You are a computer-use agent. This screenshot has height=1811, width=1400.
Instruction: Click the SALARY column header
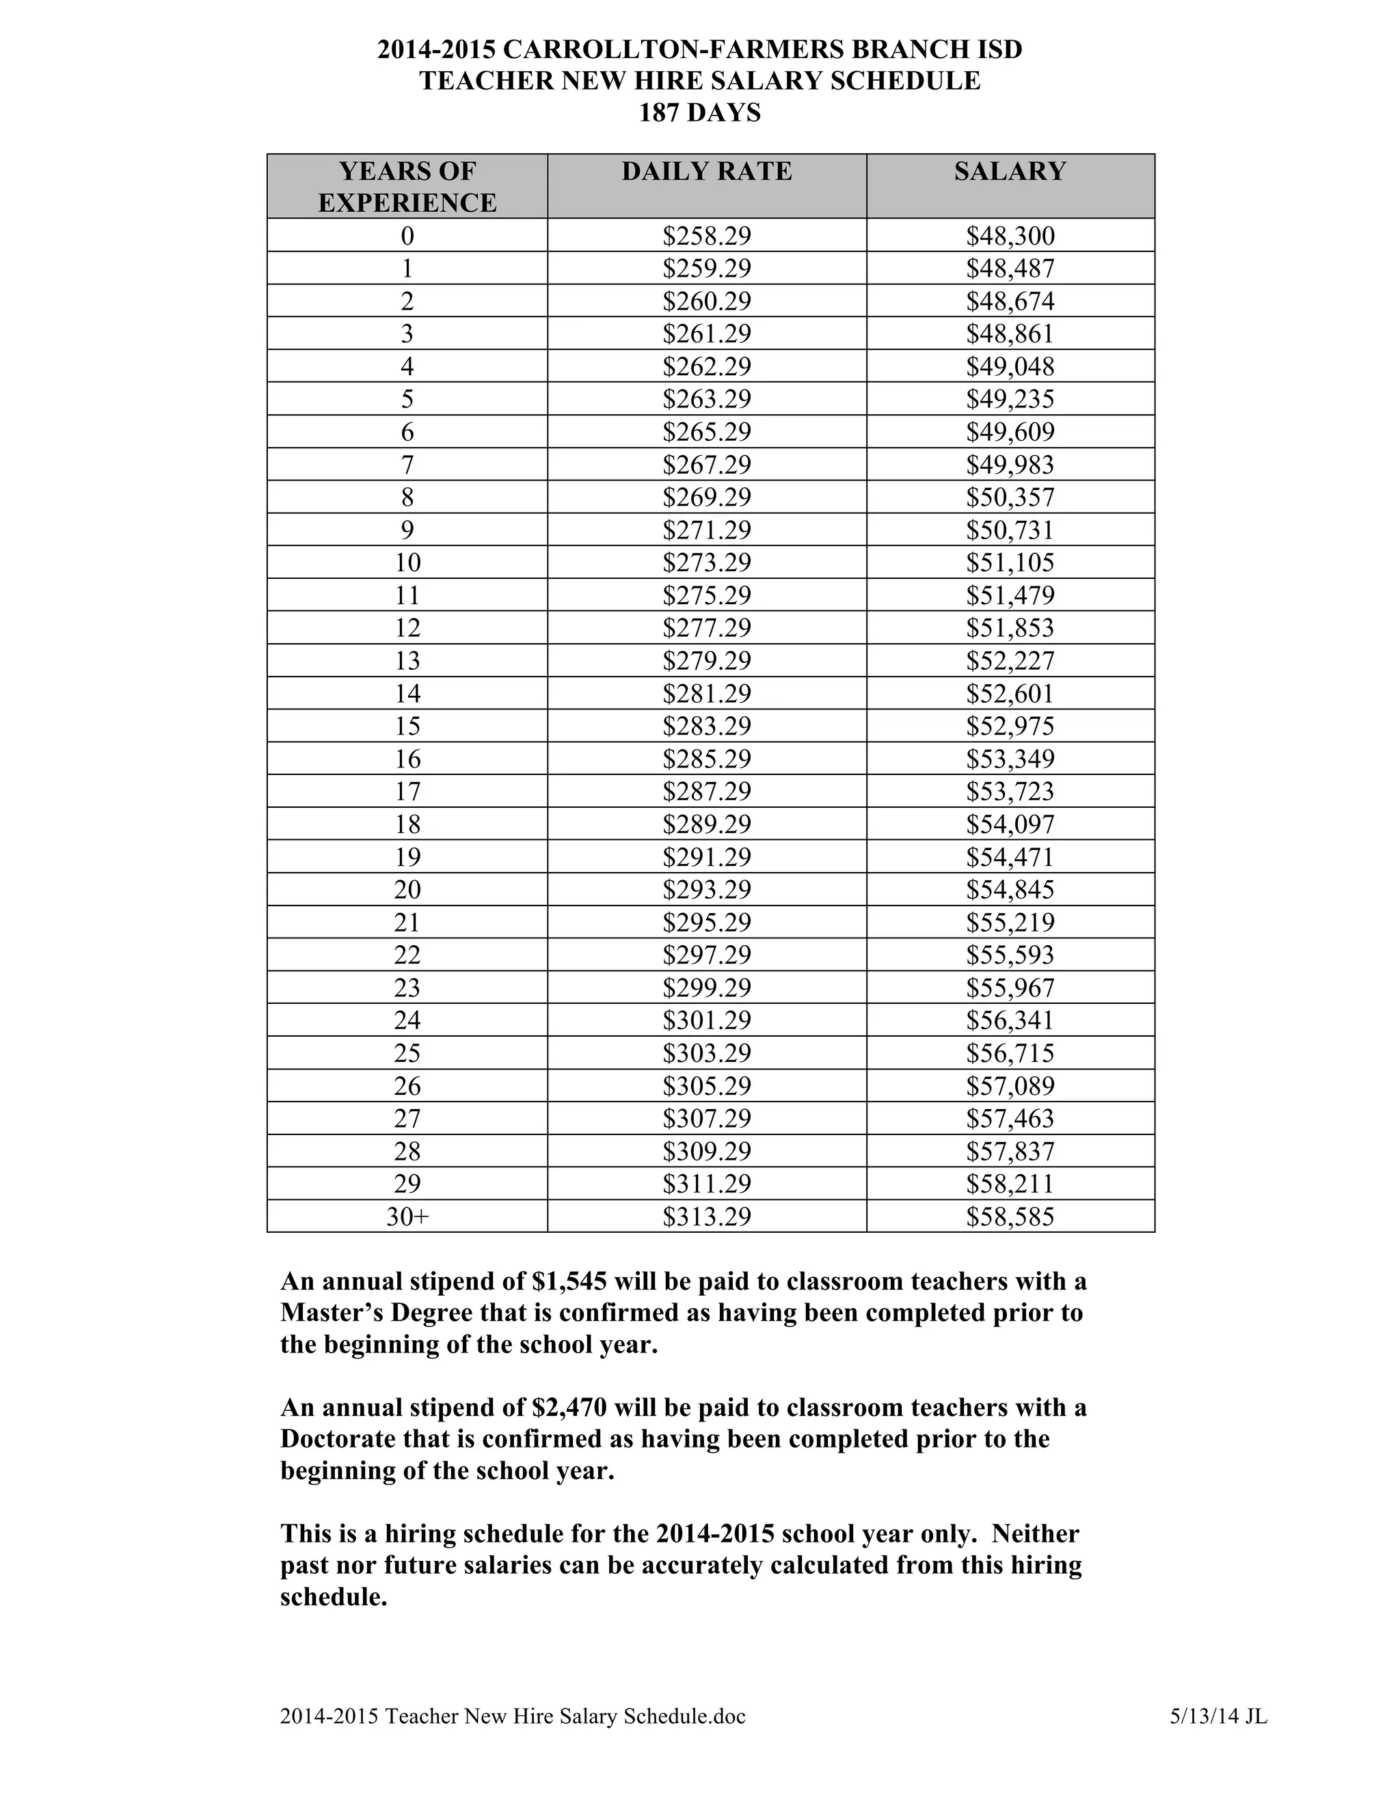tap(1010, 171)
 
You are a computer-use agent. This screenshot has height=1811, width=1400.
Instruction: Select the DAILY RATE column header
tap(707, 171)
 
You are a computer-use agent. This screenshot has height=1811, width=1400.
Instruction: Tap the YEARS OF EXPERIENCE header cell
tap(407, 187)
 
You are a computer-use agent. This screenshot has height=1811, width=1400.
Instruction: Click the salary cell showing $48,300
tap(1010, 236)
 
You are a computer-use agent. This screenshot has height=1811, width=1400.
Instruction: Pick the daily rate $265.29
tap(707, 432)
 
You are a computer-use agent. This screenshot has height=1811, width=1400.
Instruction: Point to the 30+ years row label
tap(407, 1216)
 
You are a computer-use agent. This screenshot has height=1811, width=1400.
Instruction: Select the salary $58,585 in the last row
tap(1010, 1216)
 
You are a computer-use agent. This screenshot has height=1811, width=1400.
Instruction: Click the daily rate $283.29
tap(707, 726)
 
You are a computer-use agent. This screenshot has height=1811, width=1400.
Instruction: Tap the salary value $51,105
tap(1010, 562)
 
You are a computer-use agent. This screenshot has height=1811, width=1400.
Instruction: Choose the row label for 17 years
tap(407, 791)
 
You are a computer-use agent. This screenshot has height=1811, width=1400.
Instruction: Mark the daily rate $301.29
tap(707, 1020)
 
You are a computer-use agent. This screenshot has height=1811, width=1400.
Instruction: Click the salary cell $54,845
tap(1010, 890)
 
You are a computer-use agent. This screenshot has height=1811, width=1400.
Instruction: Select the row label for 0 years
tap(407, 236)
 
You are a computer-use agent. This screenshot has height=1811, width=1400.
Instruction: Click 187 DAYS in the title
tap(699, 112)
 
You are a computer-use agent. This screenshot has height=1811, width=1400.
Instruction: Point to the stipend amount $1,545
tap(569, 1282)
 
